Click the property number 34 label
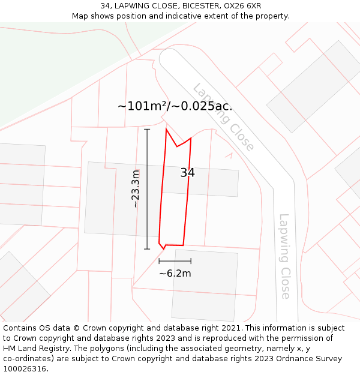[187, 173]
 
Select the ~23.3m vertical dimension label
[136, 189]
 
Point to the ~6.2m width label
[175, 274]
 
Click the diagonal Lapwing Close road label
[223, 117]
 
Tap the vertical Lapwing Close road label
[284, 256]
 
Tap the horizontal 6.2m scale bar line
[175, 261]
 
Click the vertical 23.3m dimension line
[147, 189]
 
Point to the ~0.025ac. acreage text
[203, 106]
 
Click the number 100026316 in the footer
[25, 369]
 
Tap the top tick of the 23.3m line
[147, 129]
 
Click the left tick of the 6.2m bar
[159, 261]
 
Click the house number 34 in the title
[104, 6]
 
